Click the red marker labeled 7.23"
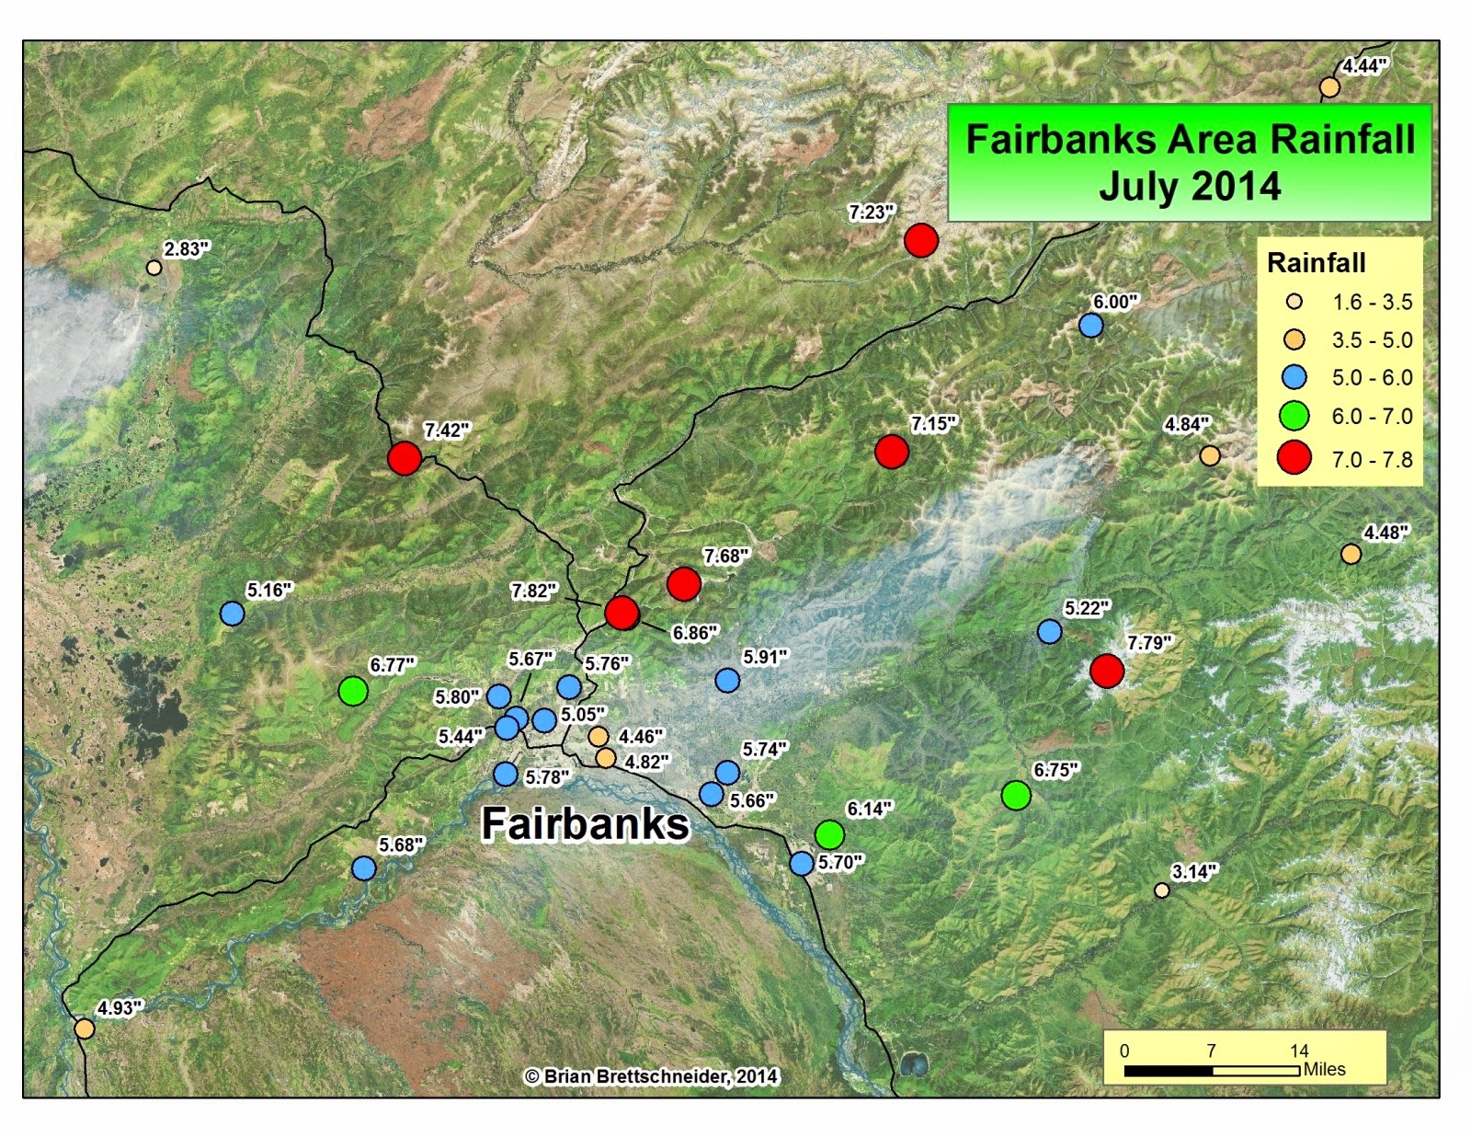coord(920,240)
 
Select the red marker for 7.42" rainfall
coord(405,457)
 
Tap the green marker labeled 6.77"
coord(353,690)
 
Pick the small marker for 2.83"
coord(154,268)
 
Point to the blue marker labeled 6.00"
coord(1090,325)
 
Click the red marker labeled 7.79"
coord(1107,671)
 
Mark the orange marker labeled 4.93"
coord(85,1028)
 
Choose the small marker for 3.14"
coord(1162,890)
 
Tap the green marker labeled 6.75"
coord(1016,795)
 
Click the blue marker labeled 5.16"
coord(233,614)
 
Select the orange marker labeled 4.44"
coord(1329,87)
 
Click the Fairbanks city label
coord(585,823)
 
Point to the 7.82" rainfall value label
coord(534,591)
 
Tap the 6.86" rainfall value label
coord(695,633)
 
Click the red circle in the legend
coord(1294,457)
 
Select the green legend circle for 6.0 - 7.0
coord(1294,416)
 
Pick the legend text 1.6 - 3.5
coord(1372,302)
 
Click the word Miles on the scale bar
coord(1324,1069)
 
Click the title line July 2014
coord(1190,186)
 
